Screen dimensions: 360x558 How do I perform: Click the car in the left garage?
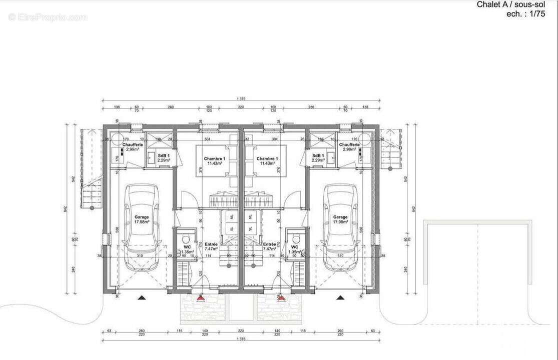coord(142,227)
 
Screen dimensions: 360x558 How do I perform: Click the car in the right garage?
coord(340,227)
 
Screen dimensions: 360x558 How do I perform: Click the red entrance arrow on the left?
coord(201,298)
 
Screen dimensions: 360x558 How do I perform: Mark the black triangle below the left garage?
coord(142,297)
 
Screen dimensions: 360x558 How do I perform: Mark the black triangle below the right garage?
coord(340,297)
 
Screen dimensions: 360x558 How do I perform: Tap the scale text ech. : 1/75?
coord(525,14)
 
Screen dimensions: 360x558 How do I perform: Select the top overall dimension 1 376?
coord(241,99)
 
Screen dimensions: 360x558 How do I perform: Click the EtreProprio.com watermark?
coord(48,17)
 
